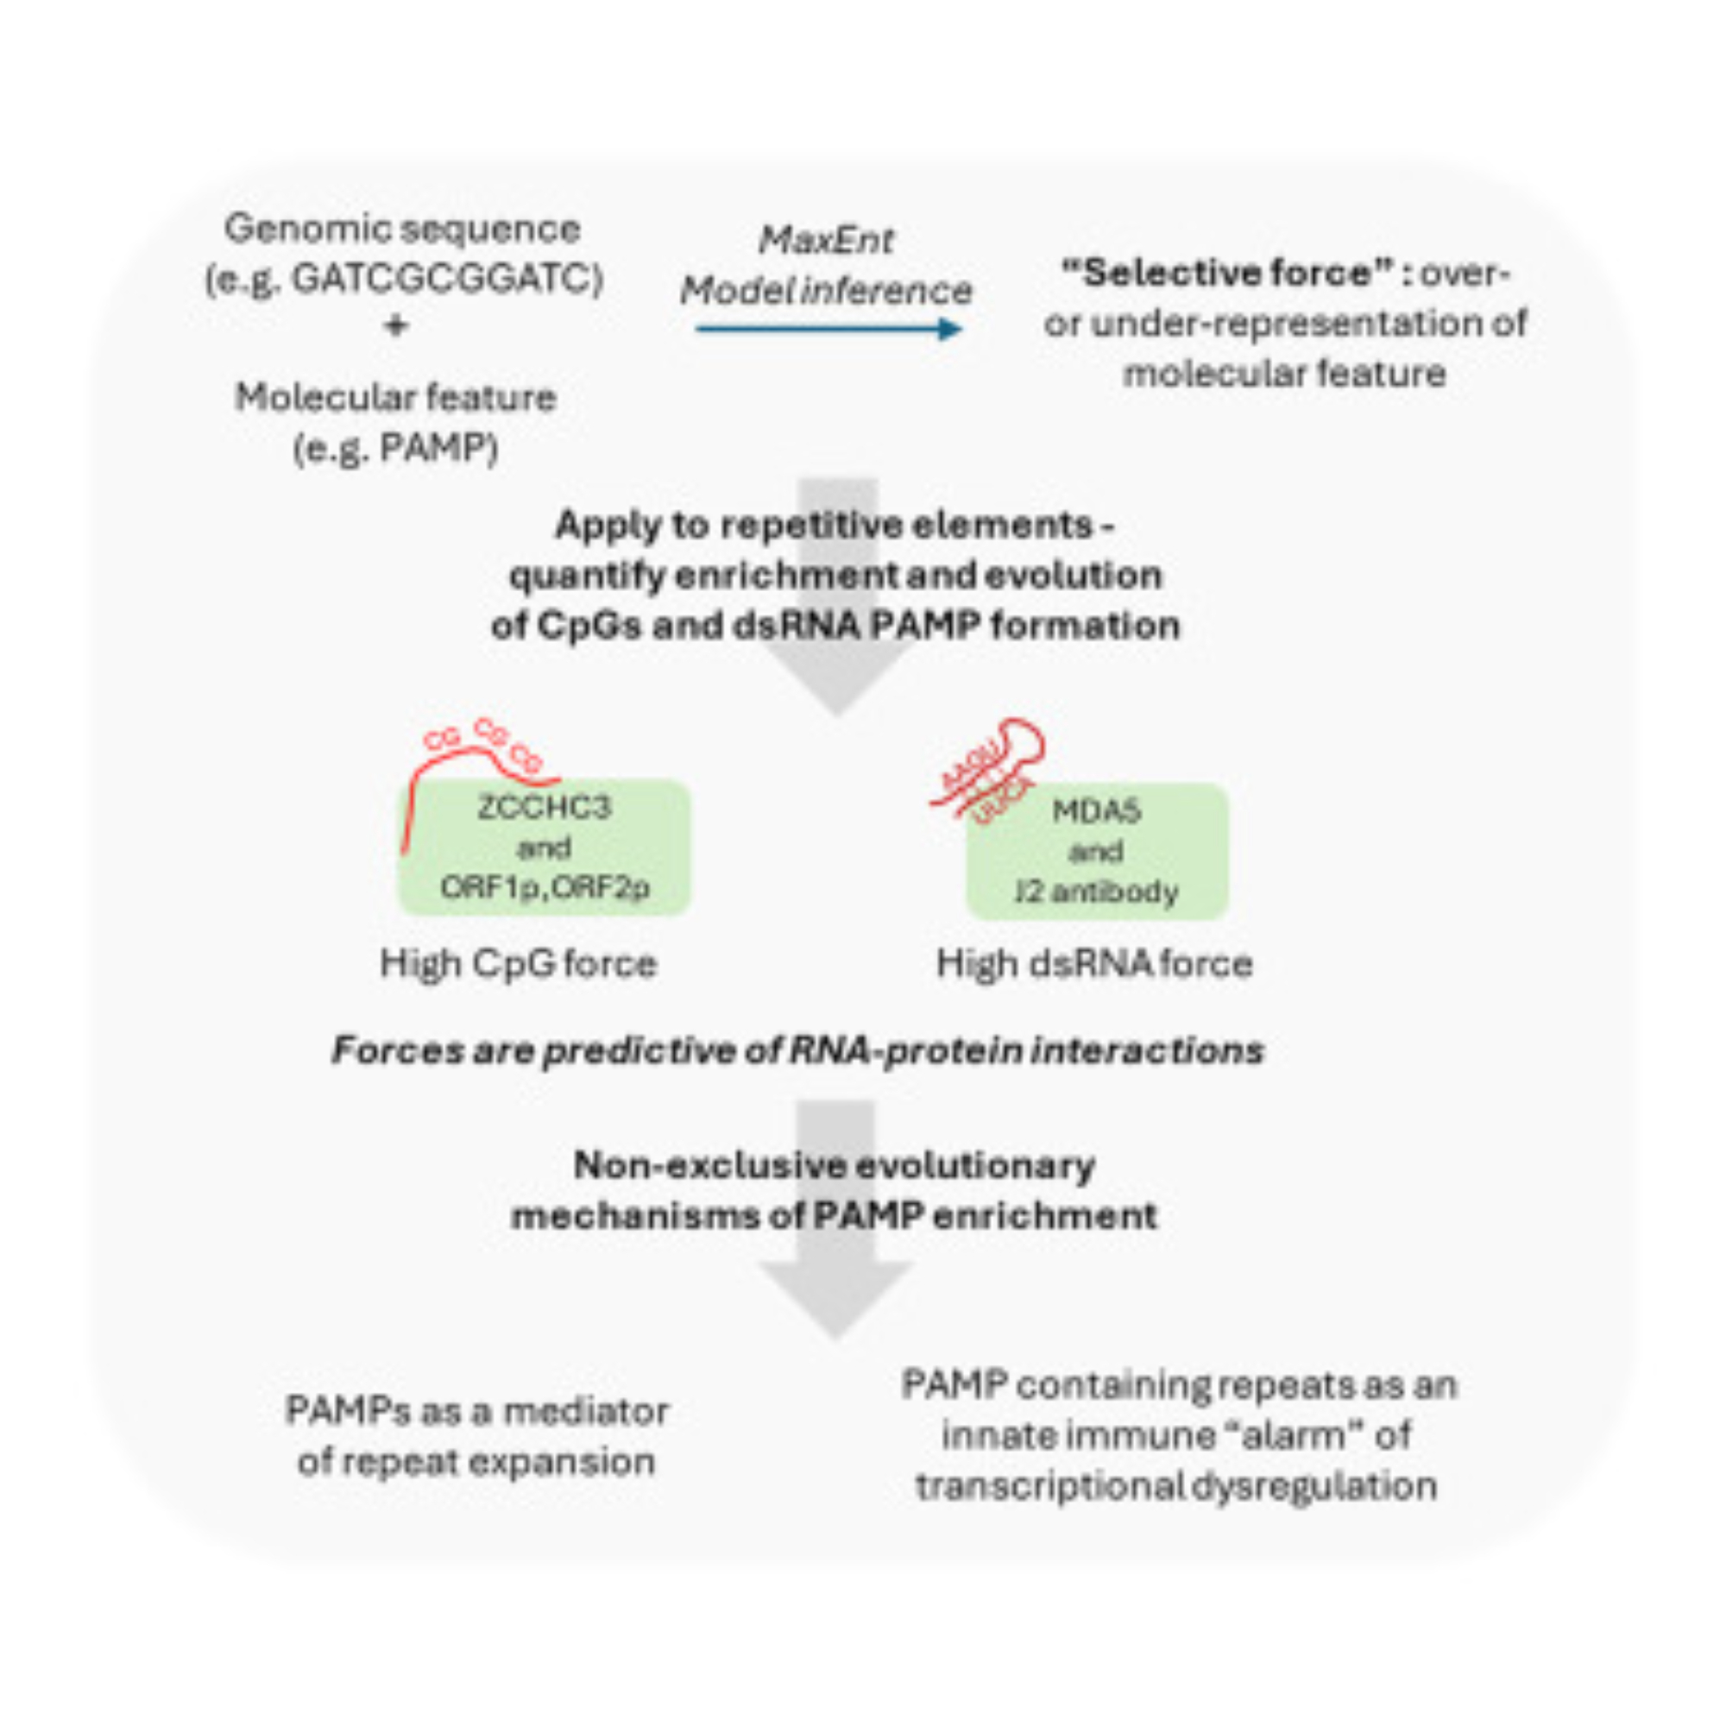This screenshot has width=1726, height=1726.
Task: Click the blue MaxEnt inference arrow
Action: click(828, 330)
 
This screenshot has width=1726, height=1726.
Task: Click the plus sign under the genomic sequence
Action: click(396, 326)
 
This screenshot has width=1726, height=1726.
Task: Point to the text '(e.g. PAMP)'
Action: click(396, 449)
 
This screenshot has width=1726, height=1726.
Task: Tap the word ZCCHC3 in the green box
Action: click(544, 808)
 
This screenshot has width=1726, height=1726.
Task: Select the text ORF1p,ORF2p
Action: click(544, 887)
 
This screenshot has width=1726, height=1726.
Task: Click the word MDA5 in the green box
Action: click(1096, 811)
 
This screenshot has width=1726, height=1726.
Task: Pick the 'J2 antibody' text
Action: click(1096, 891)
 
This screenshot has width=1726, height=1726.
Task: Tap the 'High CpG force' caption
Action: click(518, 964)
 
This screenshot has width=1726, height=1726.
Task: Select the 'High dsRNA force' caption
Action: click(1094, 964)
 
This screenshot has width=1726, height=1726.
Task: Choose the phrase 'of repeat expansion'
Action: click(476, 1463)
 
